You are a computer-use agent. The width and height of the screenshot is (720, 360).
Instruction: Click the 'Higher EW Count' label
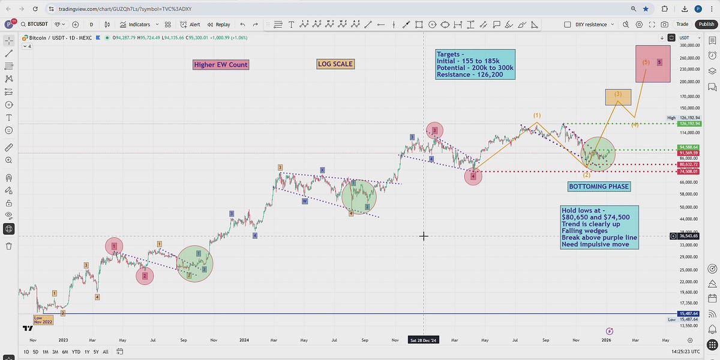tap(221, 65)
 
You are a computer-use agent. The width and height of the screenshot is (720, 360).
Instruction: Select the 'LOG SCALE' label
tap(335, 64)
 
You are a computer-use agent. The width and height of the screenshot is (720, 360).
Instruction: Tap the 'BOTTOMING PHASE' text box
tap(599, 187)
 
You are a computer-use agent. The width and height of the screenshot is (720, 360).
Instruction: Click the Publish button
tap(706, 25)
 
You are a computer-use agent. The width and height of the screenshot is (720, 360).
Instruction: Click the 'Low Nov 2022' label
tap(44, 320)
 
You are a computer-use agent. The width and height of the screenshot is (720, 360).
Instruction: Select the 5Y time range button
tap(97, 352)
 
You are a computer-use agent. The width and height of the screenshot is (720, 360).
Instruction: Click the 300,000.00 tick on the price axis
tap(690, 45)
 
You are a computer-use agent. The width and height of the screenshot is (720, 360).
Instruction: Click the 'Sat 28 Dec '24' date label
tap(424, 340)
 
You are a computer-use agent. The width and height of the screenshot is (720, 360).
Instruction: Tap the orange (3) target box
tap(618, 96)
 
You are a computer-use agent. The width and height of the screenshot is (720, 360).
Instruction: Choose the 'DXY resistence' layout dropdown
tap(591, 25)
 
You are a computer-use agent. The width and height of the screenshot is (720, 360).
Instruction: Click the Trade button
tap(682, 25)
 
